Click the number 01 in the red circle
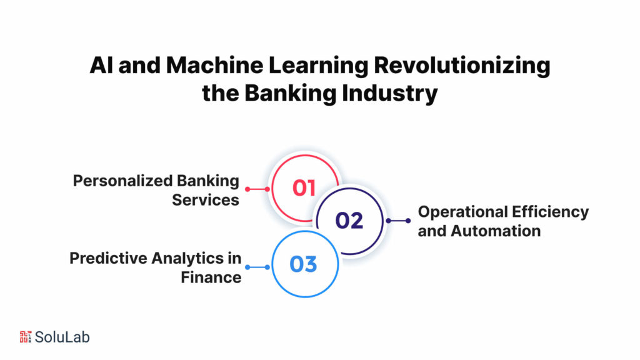[x=304, y=188]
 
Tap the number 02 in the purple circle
[x=349, y=221]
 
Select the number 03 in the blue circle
[x=304, y=264]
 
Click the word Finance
[x=211, y=277]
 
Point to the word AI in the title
[x=101, y=66]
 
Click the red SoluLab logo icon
[x=26, y=337]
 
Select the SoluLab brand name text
[x=62, y=337]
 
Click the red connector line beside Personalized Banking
[x=258, y=189]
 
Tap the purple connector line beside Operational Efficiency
[x=397, y=221]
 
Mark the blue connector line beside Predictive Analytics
[x=258, y=267]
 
